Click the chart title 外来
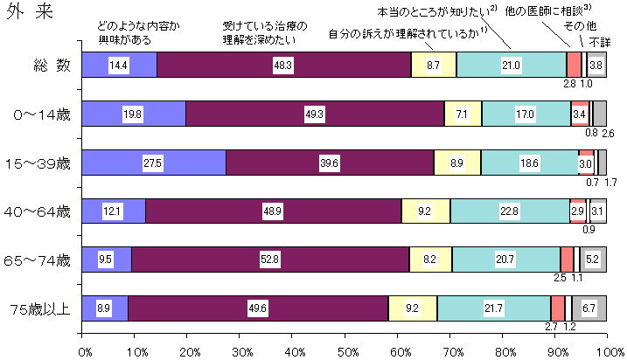(24, 17)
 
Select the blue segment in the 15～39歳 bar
(154, 163)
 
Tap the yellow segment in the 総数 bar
(434, 66)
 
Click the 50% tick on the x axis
(347, 350)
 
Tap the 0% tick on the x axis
(85, 350)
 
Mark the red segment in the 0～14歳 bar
(580, 114)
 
